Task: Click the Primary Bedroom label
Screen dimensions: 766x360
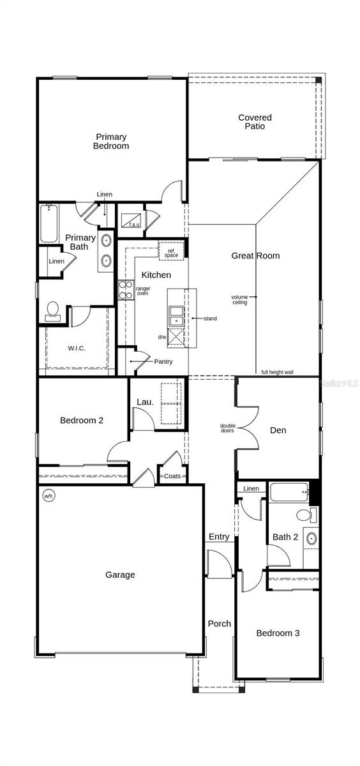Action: [x=111, y=141]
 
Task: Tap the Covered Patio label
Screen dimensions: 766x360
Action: [x=255, y=122]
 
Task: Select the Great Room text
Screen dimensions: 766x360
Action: [x=255, y=256]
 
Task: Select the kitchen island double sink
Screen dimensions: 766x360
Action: [x=176, y=315]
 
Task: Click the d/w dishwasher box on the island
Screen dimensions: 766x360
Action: [x=176, y=337]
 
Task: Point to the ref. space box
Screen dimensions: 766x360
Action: [x=172, y=252]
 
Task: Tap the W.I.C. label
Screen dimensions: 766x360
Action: [x=77, y=348]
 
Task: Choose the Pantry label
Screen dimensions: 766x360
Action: [x=163, y=362]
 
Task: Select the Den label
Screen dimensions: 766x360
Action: [x=278, y=430]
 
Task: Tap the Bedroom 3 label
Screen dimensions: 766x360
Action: [x=278, y=633]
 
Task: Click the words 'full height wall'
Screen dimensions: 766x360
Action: [x=277, y=372]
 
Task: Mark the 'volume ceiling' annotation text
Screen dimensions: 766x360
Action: [x=240, y=299]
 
